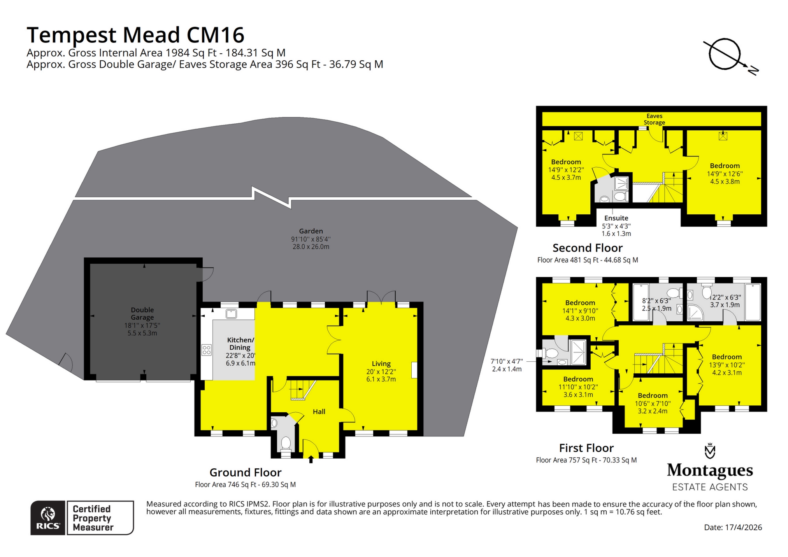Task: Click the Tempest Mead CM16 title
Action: (x=135, y=35)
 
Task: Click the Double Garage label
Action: (x=142, y=314)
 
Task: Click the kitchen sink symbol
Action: (x=231, y=314)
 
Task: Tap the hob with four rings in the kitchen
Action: (x=207, y=350)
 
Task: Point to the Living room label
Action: (x=381, y=364)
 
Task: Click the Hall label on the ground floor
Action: (x=319, y=412)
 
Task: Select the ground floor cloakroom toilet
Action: (x=286, y=443)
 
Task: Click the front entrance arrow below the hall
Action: (x=311, y=460)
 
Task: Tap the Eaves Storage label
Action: (x=654, y=119)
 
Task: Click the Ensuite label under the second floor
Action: (x=616, y=218)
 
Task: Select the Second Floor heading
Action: (x=587, y=248)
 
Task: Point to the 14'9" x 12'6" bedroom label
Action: (x=725, y=173)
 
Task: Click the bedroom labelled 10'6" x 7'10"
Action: (x=653, y=403)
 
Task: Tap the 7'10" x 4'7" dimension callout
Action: (x=507, y=365)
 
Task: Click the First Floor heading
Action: (x=586, y=448)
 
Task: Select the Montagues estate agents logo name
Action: (x=710, y=471)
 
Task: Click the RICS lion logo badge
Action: (x=48, y=517)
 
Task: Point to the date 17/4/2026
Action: (x=733, y=527)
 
